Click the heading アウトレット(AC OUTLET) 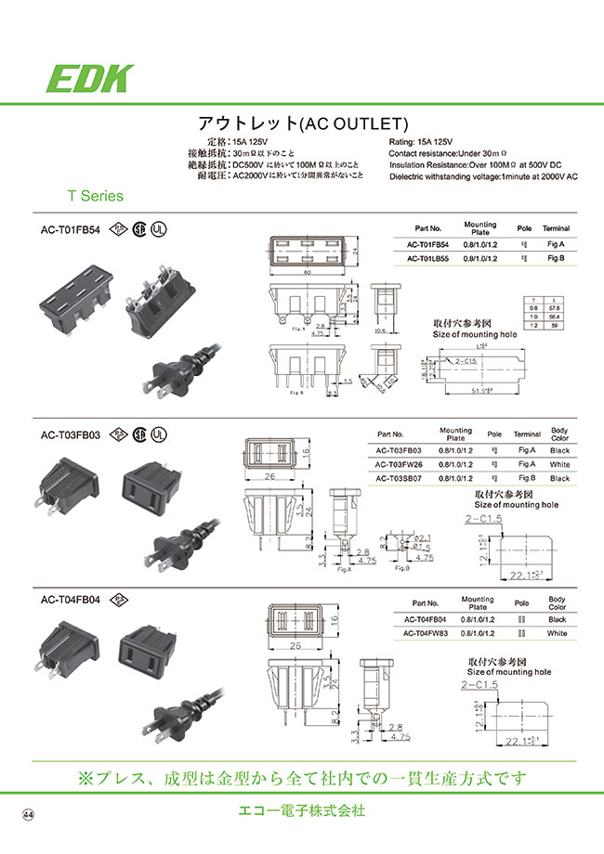(x=303, y=123)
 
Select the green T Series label (x=95, y=196)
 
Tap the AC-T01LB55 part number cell (x=427, y=260)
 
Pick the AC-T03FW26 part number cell (x=399, y=464)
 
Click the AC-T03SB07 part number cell (x=399, y=478)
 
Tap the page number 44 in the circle (x=28, y=814)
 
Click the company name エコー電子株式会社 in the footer (x=301, y=810)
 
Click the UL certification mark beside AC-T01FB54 (x=162, y=227)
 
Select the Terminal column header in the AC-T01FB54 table (x=557, y=228)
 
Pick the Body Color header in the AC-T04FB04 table (x=558, y=603)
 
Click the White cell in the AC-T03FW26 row (x=559, y=464)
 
